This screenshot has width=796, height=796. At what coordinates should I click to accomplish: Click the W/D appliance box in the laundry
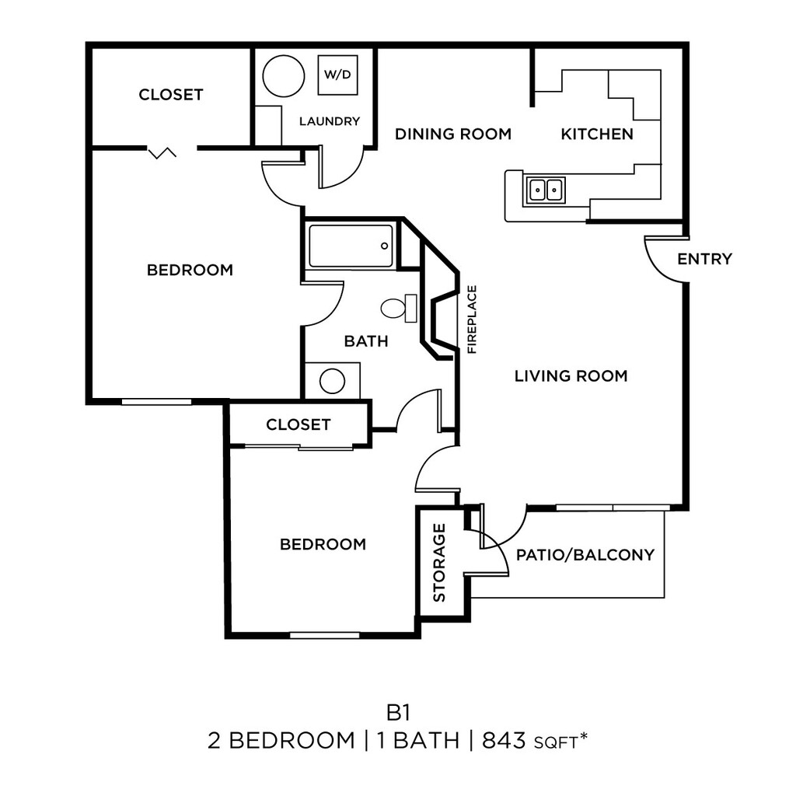(x=337, y=75)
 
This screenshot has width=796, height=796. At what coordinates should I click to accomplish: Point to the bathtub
(x=351, y=246)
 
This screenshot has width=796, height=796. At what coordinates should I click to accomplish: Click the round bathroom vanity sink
(x=333, y=381)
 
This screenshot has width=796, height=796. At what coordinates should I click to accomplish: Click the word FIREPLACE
(x=472, y=319)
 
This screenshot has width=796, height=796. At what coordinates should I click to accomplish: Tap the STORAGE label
(x=439, y=563)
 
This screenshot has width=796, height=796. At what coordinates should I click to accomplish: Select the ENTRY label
(x=704, y=259)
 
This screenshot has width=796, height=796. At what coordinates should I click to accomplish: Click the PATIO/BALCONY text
(x=585, y=555)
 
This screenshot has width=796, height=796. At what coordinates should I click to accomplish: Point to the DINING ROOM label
(x=453, y=134)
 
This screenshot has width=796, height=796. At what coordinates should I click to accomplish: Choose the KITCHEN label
(x=597, y=134)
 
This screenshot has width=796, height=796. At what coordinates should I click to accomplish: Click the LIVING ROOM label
(x=571, y=376)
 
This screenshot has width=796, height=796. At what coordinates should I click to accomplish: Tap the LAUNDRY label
(x=330, y=121)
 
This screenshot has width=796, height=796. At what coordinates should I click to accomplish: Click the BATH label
(x=366, y=340)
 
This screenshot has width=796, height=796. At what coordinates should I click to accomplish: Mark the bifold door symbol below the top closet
(x=162, y=152)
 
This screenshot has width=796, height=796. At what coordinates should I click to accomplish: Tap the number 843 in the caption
(x=504, y=741)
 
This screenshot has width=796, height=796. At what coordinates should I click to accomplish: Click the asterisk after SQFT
(x=582, y=736)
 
